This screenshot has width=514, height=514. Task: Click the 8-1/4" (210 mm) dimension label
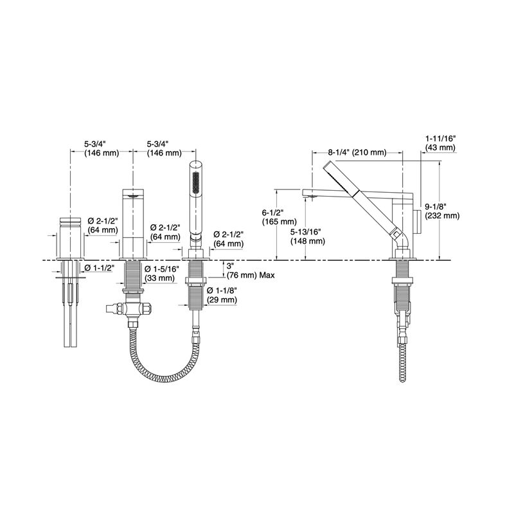coord(357,152)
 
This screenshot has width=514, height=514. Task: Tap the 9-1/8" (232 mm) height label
coord(442,211)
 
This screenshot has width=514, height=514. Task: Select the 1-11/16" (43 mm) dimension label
coord(440,143)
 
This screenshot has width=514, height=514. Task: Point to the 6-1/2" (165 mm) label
coord(279,217)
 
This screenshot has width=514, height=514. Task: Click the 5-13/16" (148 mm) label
coord(308,236)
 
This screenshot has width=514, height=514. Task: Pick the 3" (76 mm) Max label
coord(251,270)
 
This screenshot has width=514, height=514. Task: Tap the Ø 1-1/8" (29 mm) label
coord(222,295)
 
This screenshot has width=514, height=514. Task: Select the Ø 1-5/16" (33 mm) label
coord(162,274)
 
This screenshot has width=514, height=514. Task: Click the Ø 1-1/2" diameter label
coord(99,268)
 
